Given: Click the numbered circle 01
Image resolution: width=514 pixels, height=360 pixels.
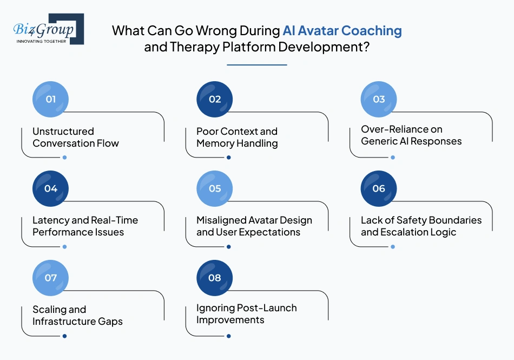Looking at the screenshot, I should click(x=51, y=99).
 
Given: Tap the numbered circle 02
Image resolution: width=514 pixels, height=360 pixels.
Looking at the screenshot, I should click(x=215, y=99).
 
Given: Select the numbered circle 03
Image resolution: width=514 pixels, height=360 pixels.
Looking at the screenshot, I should click(x=379, y=99).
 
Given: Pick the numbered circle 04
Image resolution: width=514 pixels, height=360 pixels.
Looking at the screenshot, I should click(x=51, y=188).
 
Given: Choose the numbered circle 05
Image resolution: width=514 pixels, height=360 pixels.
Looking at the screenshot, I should click(x=215, y=188).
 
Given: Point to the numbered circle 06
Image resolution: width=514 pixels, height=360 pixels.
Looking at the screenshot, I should click(x=379, y=188).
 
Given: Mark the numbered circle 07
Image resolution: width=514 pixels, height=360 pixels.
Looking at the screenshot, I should click(x=51, y=278).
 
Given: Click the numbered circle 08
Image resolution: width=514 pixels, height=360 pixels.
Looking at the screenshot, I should click(x=215, y=278).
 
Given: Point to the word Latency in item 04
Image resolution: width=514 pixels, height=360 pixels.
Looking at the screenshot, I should click(x=50, y=220).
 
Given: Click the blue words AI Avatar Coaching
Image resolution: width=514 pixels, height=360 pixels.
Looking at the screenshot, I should click(x=342, y=30).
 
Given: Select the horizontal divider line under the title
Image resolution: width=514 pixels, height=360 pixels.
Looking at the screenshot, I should click(x=256, y=64).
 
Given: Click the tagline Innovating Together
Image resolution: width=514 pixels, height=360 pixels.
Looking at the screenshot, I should click(x=42, y=41).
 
